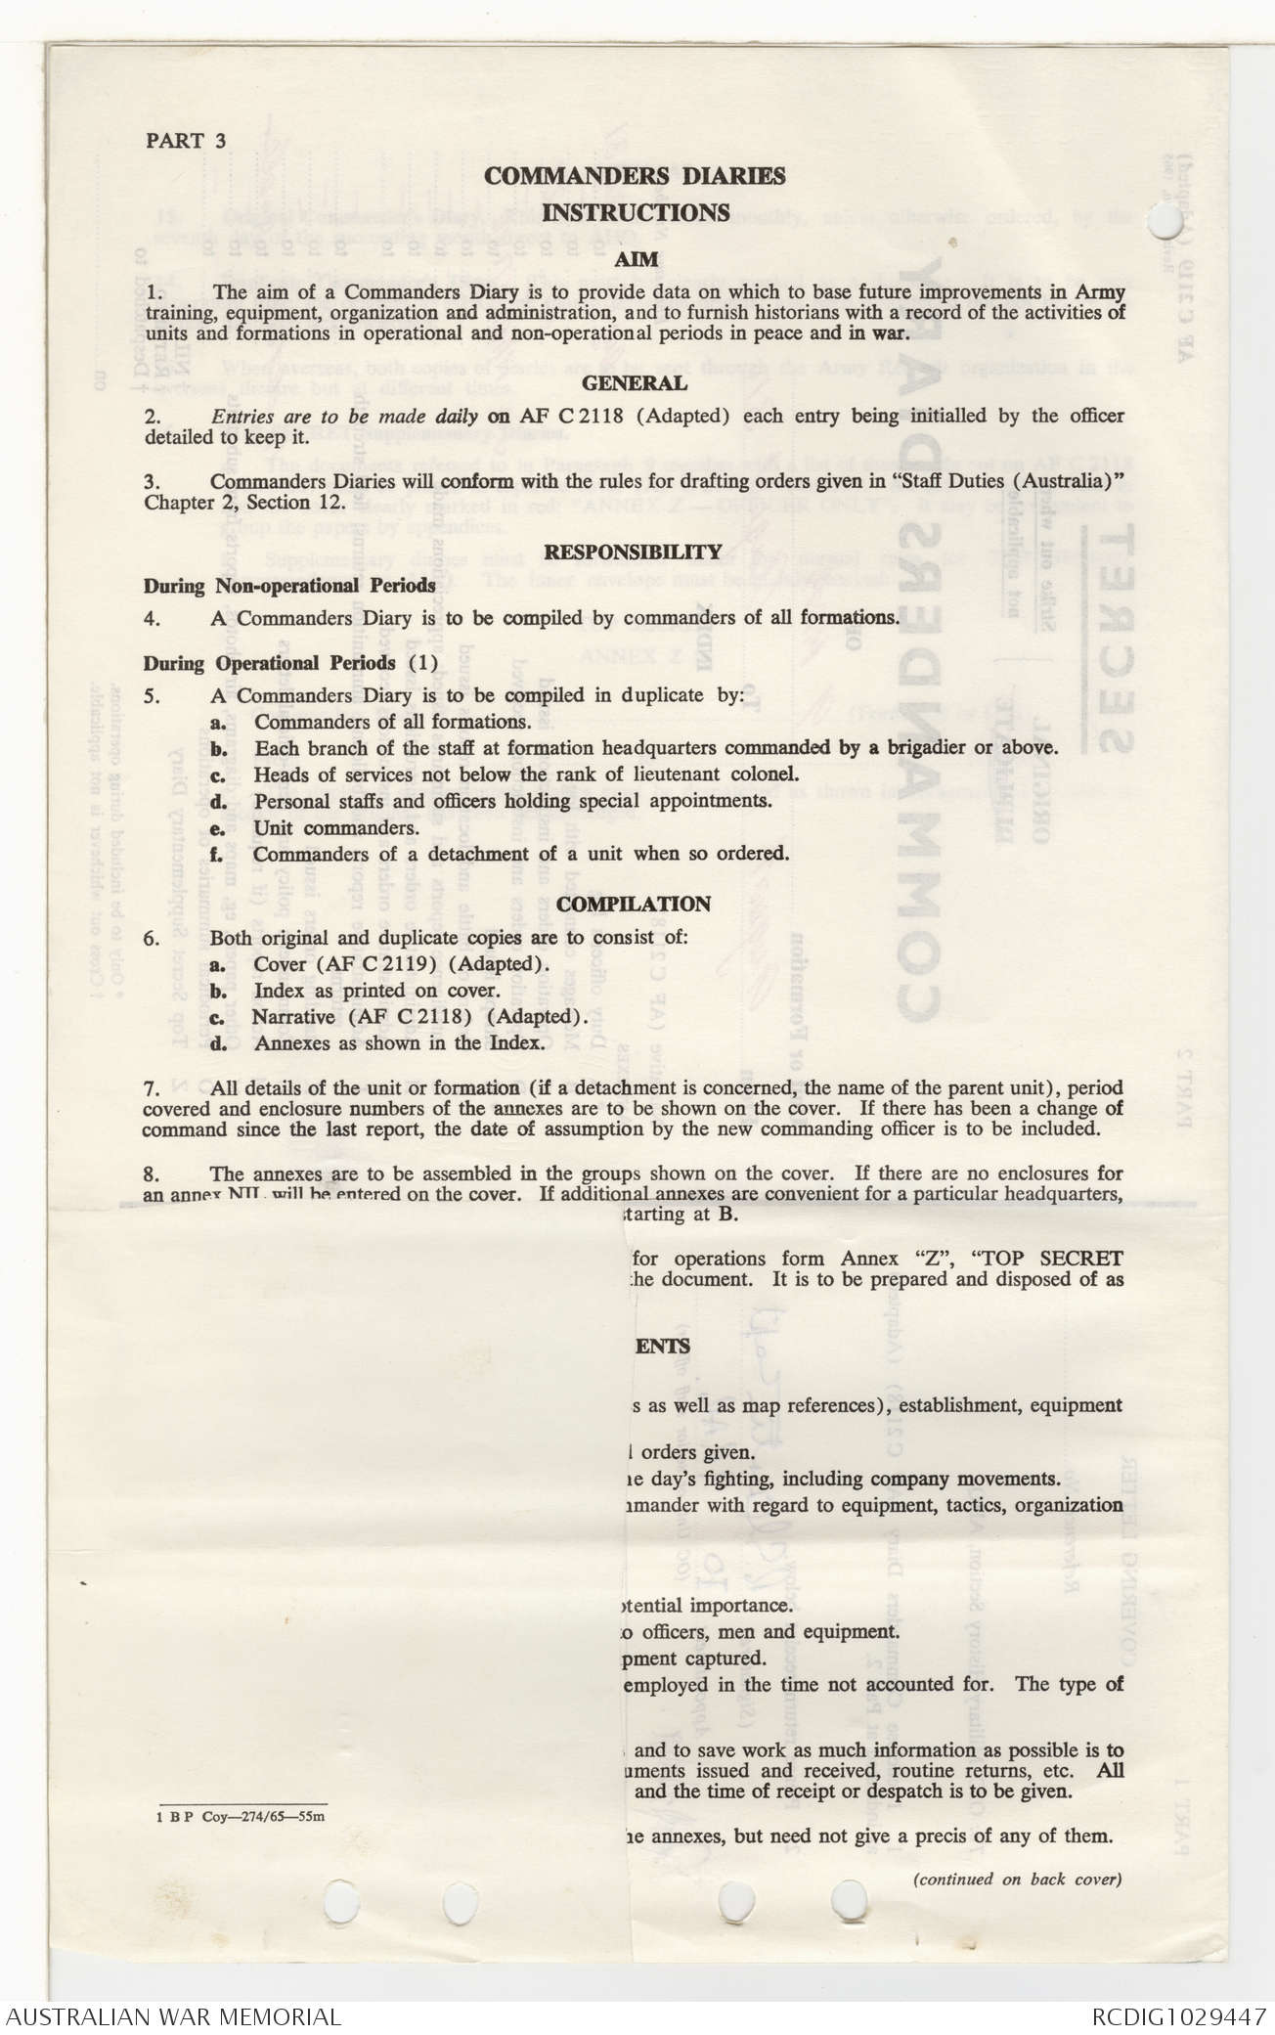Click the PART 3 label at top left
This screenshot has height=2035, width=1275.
[186, 140]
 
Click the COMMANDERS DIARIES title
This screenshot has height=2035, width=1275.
[635, 177]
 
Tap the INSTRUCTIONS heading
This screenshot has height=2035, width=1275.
[636, 213]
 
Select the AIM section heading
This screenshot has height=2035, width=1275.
[636, 260]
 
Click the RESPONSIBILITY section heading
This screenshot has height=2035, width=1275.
[633, 553]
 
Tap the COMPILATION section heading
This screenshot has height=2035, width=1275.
[635, 905]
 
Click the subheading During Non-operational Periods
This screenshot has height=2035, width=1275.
[289, 587]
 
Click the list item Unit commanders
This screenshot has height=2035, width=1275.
[336, 827]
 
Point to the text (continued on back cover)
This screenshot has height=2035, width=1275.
[1017, 1879]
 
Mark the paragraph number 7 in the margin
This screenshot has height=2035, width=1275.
[151, 1088]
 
